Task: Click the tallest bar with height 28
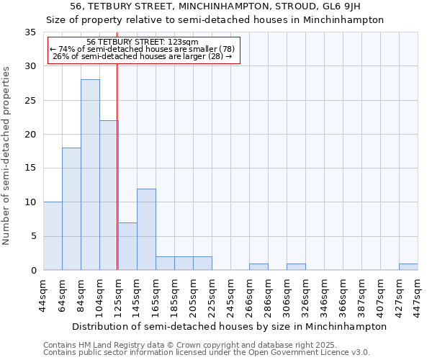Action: (x=90, y=175)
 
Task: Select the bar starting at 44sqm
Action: (x=53, y=236)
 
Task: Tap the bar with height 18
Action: (x=71, y=209)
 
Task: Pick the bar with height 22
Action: (x=109, y=195)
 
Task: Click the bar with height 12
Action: (x=146, y=229)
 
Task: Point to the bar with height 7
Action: (x=127, y=246)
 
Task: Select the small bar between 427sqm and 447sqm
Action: (x=408, y=267)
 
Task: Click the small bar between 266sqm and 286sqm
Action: (x=258, y=267)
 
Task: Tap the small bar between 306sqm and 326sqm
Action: (x=296, y=267)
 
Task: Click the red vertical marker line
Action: (x=117, y=166)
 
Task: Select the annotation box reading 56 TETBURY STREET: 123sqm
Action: (x=143, y=49)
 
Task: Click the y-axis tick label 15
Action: (x=30, y=168)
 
